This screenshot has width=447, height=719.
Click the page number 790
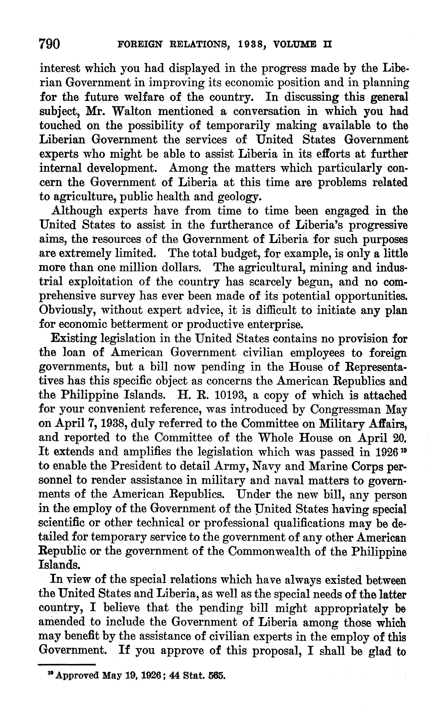tap(50, 45)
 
